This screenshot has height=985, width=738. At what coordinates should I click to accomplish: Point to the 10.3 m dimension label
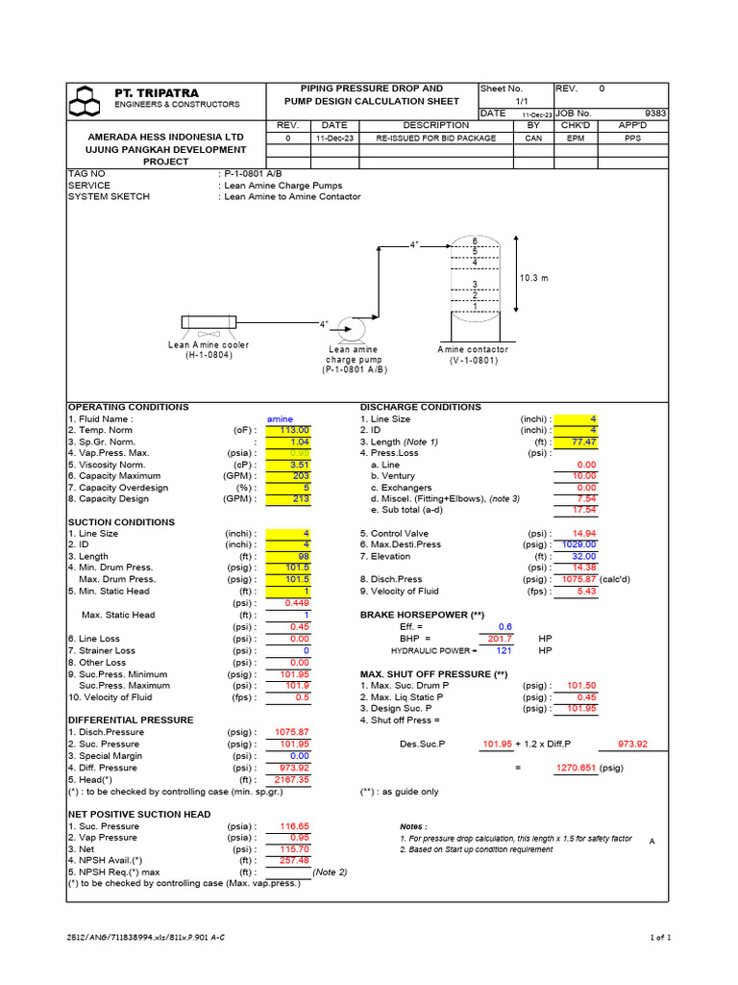[x=534, y=278]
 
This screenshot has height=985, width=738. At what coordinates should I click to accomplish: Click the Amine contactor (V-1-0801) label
[x=473, y=355]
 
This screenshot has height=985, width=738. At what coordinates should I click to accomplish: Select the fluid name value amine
[x=280, y=419]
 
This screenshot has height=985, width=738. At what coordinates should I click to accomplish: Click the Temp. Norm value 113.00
[x=294, y=430]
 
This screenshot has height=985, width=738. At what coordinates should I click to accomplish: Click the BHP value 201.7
[x=501, y=638]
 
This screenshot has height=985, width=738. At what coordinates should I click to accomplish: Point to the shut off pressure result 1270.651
[x=577, y=769]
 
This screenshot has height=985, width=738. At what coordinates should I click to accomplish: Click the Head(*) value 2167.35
[x=292, y=780]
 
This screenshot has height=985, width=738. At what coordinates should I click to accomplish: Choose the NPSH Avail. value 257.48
[x=294, y=861]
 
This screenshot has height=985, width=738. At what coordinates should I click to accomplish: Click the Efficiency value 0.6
[x=504, y=626]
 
